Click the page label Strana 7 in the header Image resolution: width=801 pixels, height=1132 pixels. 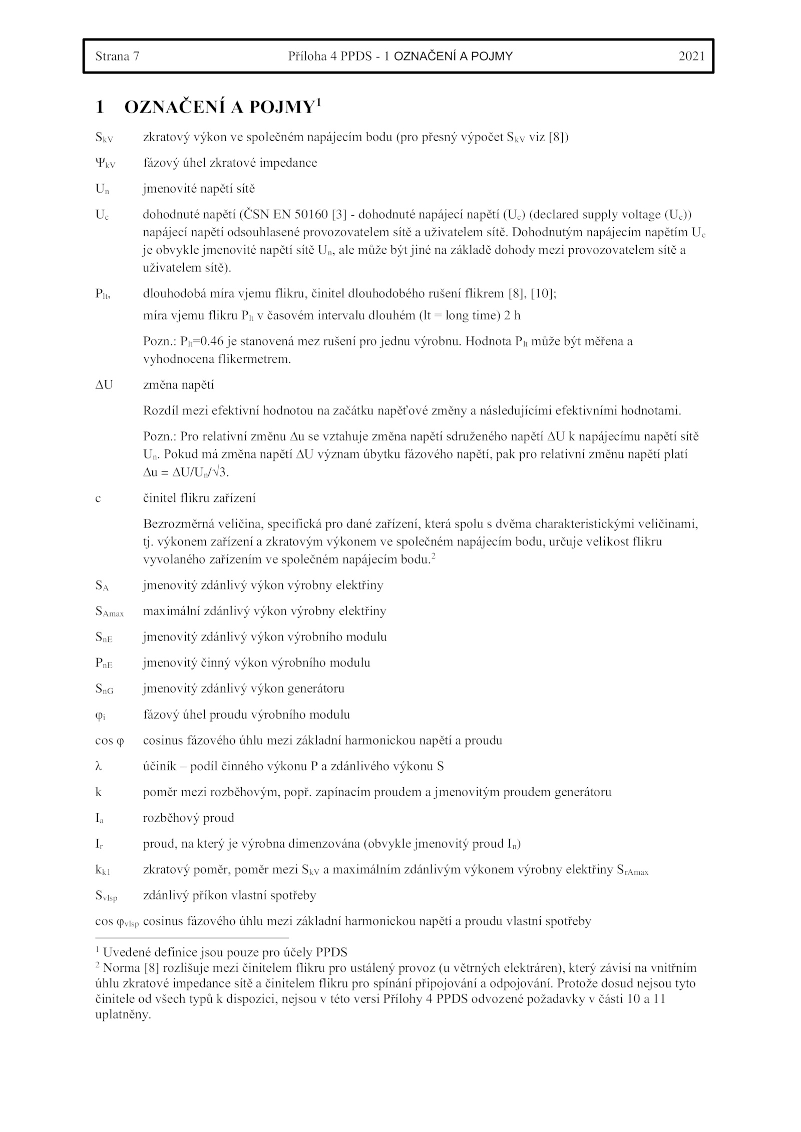point(117,56)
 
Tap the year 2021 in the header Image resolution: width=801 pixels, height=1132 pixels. point(691,56)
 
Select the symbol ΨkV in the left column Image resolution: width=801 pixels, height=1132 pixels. point(105,164)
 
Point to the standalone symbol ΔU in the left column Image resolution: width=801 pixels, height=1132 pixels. point(104,385)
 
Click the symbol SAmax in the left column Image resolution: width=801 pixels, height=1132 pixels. point(109,612)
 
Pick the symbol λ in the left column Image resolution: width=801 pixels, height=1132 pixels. point(98,766)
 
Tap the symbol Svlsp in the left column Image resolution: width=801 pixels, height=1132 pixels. point(106,896)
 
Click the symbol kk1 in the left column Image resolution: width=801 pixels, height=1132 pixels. point(103,870)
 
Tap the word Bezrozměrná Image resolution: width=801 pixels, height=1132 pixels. point(179,524)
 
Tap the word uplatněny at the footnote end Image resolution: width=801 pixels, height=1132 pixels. point(123,1015)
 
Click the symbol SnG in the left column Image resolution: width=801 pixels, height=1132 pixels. point(104,689)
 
